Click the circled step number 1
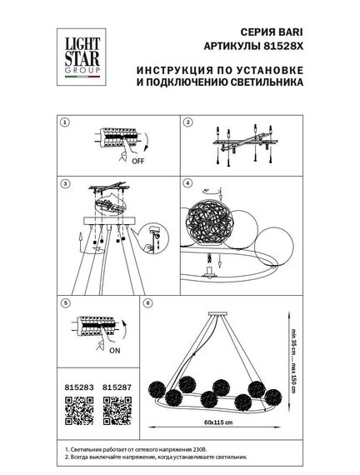[x=66, y=122]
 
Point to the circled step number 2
[x=187, y=122]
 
